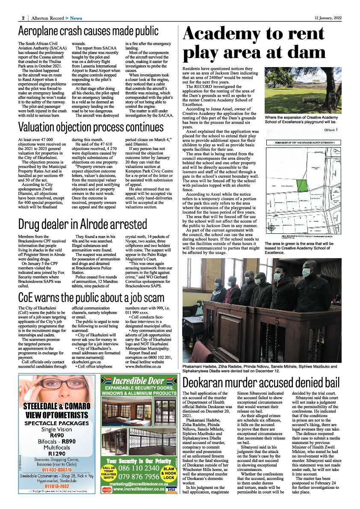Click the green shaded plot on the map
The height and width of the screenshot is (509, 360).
click(302, 185)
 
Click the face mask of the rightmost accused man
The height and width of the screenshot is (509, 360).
click(307, 273)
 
